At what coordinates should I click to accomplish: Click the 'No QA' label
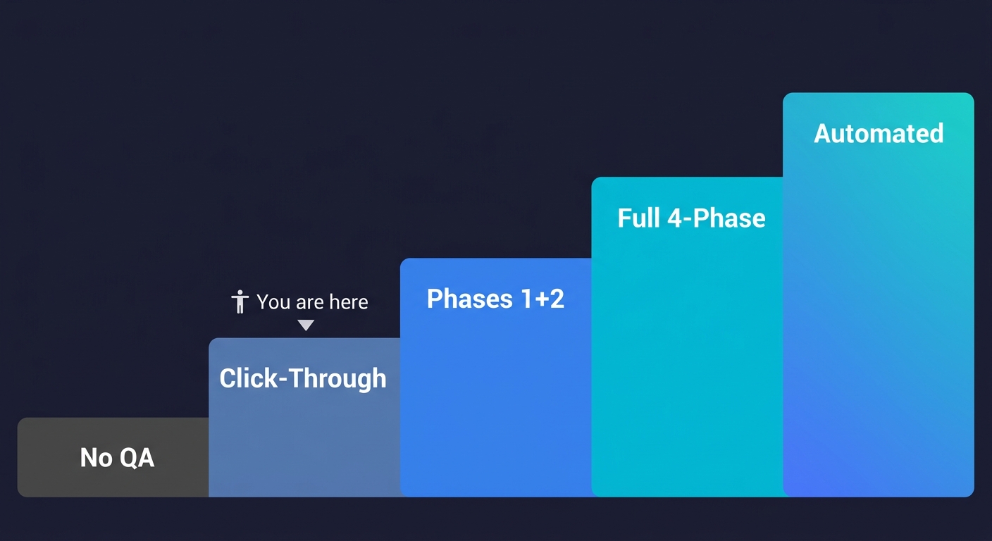click(117, 458)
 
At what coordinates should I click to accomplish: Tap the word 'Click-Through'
click(303, 379)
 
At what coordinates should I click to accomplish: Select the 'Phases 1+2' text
click(495, 299)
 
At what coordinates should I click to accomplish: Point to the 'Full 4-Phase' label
click(691, 218)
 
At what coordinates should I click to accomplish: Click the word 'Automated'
click(879, 133)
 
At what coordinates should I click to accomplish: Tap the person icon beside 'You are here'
click(240, 301)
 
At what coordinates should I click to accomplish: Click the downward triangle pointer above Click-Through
click(305, 325)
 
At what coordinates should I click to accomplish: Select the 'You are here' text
click(312, 302)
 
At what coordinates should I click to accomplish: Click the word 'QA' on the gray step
click(137, 458)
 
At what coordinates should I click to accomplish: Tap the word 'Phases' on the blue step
click(468, 299)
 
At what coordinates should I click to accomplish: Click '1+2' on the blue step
click(542, 299)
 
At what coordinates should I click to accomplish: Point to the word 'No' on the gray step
click(96, 458)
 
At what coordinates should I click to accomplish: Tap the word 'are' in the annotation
click(310, 303)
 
